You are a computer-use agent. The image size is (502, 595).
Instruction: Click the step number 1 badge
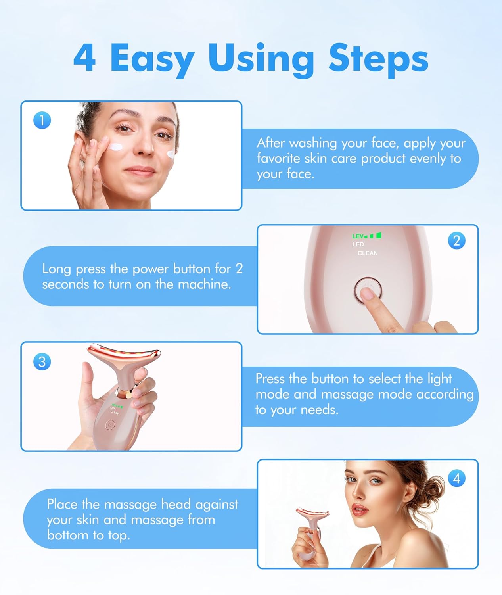pyautogui.click(x=42, y=120)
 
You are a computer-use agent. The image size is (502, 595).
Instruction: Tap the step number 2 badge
pyautogui.click(x=456, y=241)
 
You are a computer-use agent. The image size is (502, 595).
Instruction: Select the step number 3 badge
pyautogui.click(x=42, y=362)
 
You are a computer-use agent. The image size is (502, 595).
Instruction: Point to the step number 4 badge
pyautogui.click(x=456, y=478)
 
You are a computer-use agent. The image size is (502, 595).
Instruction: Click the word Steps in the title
pyautogui.click(x=379, y=58)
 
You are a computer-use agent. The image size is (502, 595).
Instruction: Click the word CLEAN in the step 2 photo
pyautogui.click(x=368, y=253)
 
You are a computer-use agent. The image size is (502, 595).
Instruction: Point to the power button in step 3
pyautogui.click(x=110, y=426)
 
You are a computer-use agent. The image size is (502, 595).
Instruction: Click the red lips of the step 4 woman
pyautogui.click(x=360, y=509)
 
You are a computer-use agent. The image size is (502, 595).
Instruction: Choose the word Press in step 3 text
pyautogui.click(x=270, y=379)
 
